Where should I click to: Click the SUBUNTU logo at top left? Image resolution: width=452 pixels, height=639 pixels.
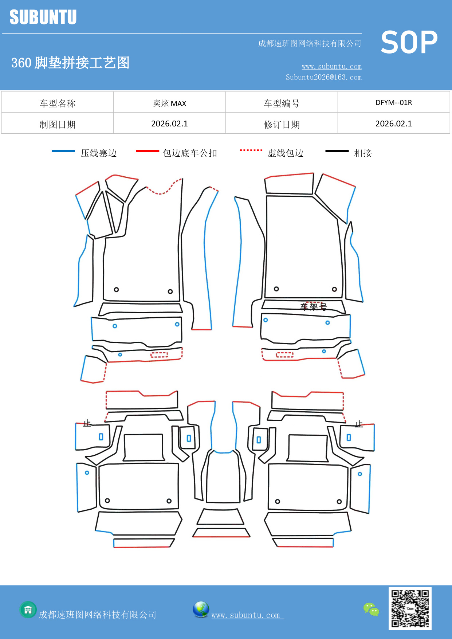pos(43,17)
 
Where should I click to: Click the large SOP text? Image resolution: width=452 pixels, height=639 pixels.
pos(409,42)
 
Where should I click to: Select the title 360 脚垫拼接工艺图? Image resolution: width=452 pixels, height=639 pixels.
pos(70,63)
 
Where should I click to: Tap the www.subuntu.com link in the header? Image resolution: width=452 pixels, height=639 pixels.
pos(331,66)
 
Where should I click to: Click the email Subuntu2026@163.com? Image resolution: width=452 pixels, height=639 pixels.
pos(323,77)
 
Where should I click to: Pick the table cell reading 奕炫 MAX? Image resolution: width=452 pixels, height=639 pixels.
pos(169,103)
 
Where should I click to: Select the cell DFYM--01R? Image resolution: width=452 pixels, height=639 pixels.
pos(394,102)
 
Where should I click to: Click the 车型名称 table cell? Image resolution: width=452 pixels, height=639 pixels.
pos(58,103)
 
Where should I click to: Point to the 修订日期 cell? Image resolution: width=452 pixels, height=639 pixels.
pos(282,125)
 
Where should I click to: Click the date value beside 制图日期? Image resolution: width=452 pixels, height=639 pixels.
pos(169,124)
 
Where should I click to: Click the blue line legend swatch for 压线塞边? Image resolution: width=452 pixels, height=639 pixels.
pos(63,151)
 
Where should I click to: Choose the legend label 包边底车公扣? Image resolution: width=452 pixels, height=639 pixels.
pos(190,153)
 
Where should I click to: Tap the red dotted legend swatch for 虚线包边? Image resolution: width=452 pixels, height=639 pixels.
pos(251,150)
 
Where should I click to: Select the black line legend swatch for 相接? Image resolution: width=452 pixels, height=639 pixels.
pos(337,151)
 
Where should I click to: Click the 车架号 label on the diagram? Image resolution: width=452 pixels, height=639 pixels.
pos(313,307)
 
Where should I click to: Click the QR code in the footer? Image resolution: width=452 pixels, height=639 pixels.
pos(410,609)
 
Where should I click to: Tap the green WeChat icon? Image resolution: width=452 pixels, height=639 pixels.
pos(371,609)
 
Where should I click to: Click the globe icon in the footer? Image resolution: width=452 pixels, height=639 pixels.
pos(201,609)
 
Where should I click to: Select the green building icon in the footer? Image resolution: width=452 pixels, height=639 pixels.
pos(28,609)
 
